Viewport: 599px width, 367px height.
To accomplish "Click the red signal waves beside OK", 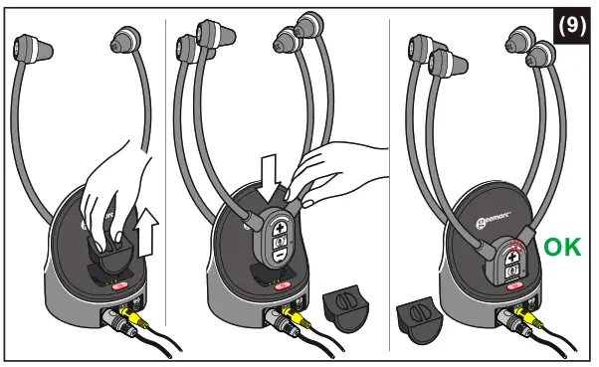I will point(516,246).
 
